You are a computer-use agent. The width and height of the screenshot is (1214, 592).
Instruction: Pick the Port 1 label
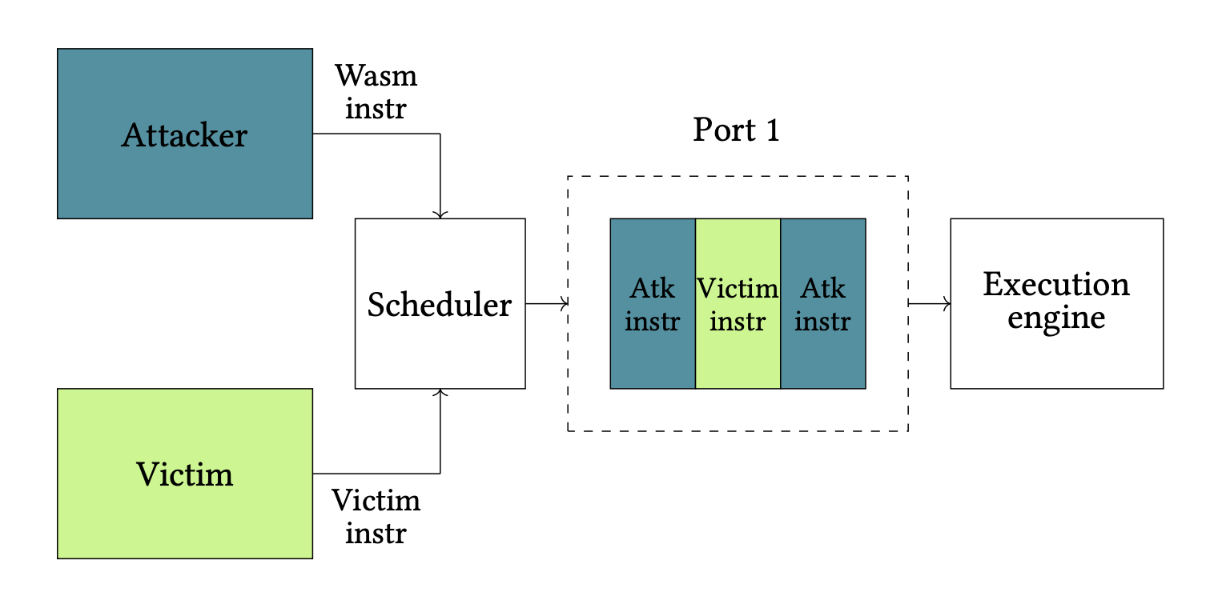pyautogui.click(x=736, y=130)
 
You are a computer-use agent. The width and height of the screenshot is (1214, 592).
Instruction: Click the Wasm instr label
pyautogui.click(x=376, y=91)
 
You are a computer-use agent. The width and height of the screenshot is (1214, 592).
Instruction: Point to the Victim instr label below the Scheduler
pyautogui.click(x=376, y=516)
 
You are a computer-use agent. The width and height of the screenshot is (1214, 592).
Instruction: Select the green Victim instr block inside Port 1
pyautogui.click(x=738, y=303)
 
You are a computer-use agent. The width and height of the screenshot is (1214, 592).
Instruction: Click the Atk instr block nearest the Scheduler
pyautogui.click(x=653, y=303)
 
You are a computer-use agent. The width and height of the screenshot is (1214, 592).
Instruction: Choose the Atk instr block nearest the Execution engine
pyautogui.click(x=822, y=303)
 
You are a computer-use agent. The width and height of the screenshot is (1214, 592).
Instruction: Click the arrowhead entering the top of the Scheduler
pyautogui.click(x=440, y=214)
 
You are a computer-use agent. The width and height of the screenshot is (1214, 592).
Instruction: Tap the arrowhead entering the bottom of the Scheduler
pyautogui.click(x=440, y=393)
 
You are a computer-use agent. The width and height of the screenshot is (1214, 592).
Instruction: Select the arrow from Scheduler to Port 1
pyautogui.click(x=547, y=303)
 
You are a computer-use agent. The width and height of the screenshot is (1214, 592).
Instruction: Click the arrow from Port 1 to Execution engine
pyautogui.click(x=930, y=303)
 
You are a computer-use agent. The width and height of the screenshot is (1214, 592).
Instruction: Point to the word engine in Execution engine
pyautogui.click(x=1056, y=318)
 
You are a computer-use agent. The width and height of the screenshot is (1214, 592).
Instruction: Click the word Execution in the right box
pyautogui.click(x=1056, y=284)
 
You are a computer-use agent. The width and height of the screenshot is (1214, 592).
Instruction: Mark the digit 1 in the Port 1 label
pyautogui.click(x=772, y=130)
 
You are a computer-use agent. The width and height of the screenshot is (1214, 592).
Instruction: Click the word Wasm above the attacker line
pyautogui.click(x=376, y=76)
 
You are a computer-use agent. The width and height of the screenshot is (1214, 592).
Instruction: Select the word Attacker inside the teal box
pyautogui.click(x=184, y=135)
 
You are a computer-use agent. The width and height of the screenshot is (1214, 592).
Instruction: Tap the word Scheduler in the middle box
pyautogui.click(x=440, y=305)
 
